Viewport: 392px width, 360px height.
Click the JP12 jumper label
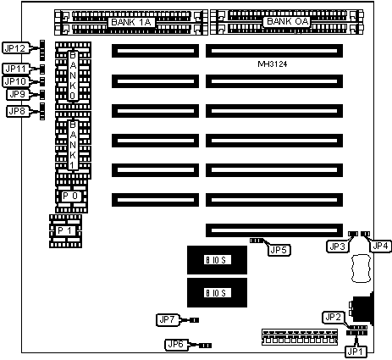tap(15, 48)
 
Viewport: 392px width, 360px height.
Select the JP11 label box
tap(15, 69)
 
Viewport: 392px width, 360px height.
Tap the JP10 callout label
tap(15, 81)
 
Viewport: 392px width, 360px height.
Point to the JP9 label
tap(17, 94)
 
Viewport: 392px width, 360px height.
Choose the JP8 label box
tap(17, 111)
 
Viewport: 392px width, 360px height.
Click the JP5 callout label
tap(279, 250)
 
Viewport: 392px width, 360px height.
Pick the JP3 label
tap(337, 246)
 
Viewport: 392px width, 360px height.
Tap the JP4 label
tap(380, 246)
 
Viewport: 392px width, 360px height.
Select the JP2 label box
tap(334, 318)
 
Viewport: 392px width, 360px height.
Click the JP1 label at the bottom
tap(356, 352)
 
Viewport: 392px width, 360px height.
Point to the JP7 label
tap(168, 320)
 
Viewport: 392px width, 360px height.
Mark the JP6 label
tap(176, 344)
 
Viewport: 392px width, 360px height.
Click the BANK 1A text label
tap(131, 22)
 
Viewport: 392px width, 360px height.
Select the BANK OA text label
tap(287, 21)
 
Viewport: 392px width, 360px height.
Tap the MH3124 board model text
tap(273, 64)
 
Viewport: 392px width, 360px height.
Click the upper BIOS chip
tap(217, 260)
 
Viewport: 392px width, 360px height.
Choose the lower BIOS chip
tap(217, 292)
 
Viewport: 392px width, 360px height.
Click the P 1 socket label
tap(65, 230)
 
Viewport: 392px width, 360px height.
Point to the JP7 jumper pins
tap(194, 320)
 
